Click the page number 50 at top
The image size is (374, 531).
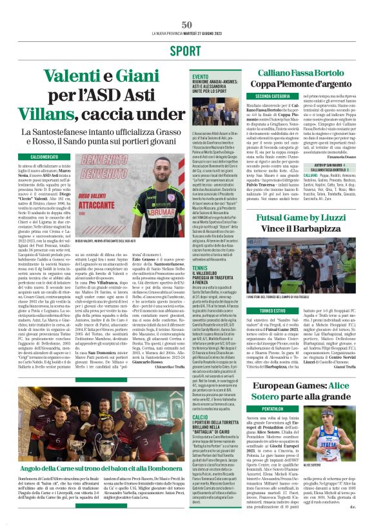[186, 25]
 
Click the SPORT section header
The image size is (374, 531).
[186, 50]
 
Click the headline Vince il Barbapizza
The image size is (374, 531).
[306, 228]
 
